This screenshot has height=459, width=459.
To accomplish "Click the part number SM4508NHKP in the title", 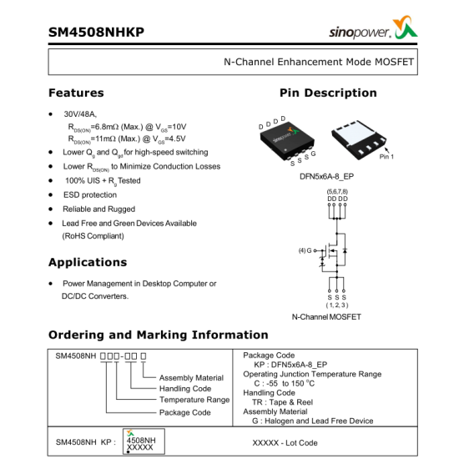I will point(96,33).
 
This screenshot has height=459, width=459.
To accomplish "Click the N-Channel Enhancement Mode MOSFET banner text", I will point(318,62).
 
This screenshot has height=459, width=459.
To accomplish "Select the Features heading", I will point(76,93).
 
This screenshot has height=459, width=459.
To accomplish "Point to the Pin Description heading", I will point(328,93).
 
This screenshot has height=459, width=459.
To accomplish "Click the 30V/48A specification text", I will point(80,113).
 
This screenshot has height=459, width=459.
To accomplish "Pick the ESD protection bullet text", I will point(90,194).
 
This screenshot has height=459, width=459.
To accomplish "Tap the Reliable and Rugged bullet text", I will point(98,209).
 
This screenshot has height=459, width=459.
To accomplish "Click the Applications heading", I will point(88,262).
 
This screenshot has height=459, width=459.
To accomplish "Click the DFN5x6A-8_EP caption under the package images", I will point(327,177).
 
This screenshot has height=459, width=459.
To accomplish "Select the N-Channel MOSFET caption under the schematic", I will point(326,317).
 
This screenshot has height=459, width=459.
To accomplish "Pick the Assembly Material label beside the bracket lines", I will point(191,378).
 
